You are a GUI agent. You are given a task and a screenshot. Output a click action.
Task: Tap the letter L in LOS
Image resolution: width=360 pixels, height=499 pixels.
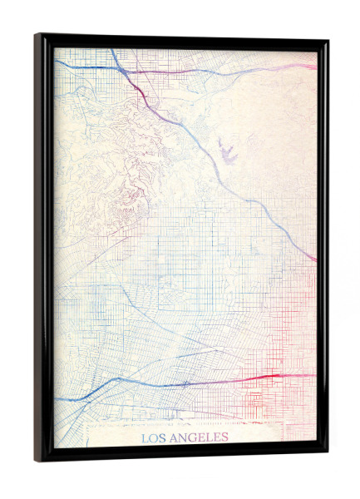coord(144,438)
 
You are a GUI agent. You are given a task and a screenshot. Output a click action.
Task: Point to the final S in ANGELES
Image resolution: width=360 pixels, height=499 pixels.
coord(224,438)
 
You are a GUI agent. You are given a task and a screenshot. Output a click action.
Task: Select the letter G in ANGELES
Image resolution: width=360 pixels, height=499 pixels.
coord(189,438)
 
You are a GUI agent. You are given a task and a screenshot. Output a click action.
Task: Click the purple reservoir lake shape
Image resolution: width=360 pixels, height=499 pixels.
coord(227,151)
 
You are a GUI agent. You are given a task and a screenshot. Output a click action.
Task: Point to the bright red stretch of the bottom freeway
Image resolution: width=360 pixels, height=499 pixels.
coord(266,378)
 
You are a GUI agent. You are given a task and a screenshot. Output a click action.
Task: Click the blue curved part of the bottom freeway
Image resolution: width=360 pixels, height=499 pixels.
coord(91,390)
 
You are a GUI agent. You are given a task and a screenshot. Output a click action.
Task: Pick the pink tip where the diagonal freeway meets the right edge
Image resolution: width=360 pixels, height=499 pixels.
coord(313,259)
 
